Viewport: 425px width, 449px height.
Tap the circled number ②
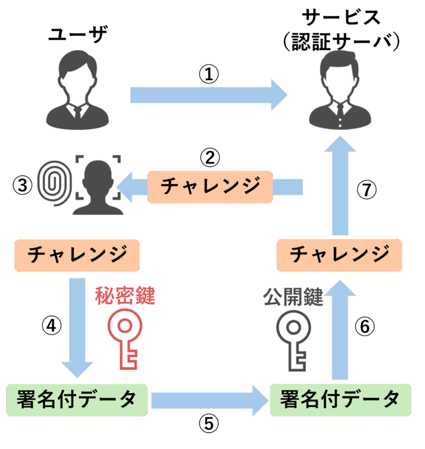pos(209,158)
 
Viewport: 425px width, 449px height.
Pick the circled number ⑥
pos(364,327)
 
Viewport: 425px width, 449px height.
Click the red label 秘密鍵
pos(125,296)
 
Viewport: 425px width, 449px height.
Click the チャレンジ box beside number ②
pos(210,186)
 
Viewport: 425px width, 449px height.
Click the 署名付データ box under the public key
pos(340,399)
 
